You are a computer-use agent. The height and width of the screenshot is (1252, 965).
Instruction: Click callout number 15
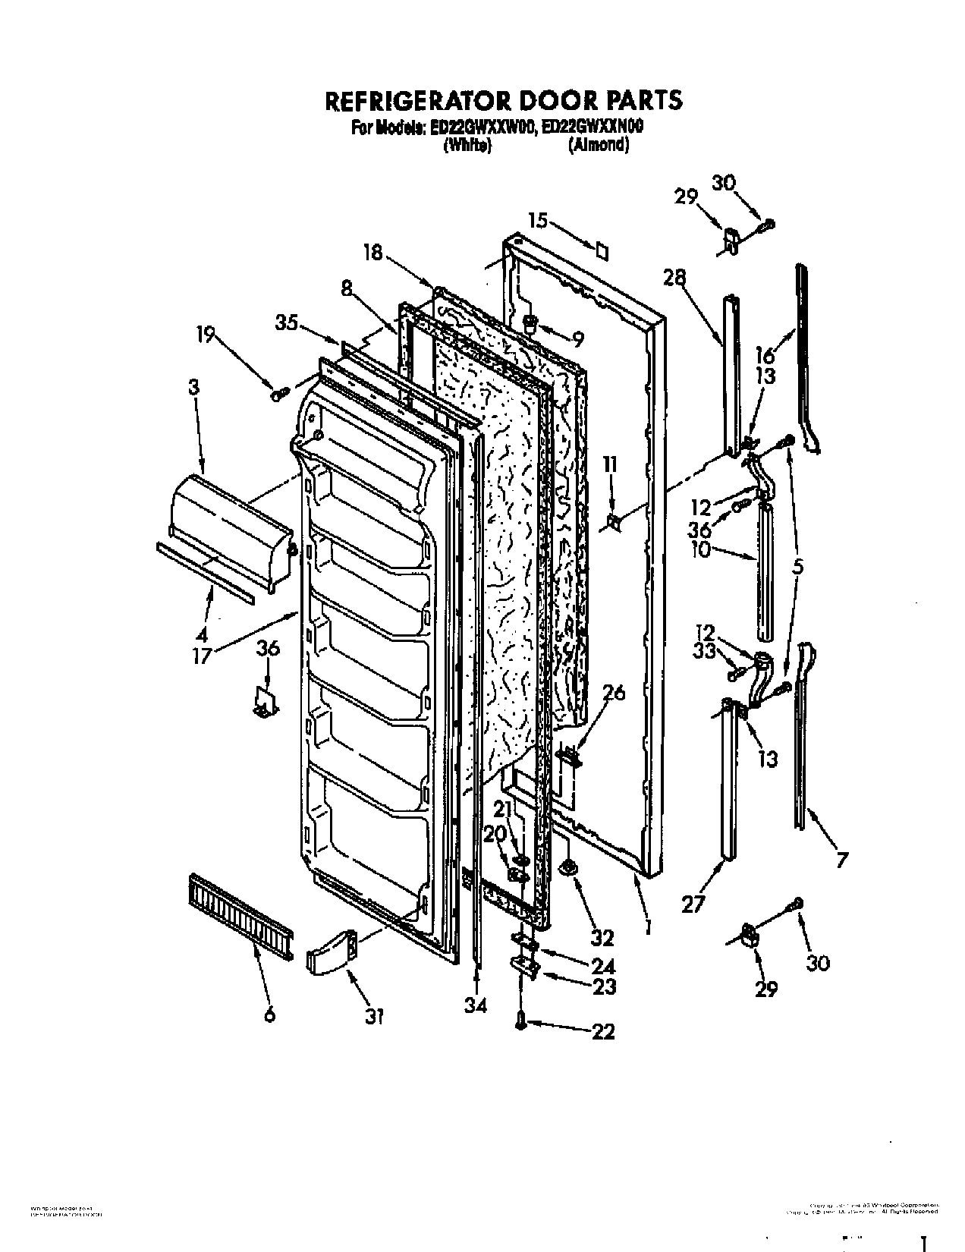[538, 221]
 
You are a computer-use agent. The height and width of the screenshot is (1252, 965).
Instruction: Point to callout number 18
[372, 253]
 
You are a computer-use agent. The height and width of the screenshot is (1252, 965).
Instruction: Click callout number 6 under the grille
[269, 1014]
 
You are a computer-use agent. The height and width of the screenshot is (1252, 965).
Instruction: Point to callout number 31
[372, 1016]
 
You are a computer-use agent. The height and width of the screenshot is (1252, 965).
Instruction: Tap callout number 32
[602, 938]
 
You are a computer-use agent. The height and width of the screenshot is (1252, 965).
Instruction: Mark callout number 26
[615, 694]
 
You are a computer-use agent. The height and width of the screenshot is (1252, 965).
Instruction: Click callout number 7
[841, 860]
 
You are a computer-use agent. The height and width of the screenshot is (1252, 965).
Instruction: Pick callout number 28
[674, 278]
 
